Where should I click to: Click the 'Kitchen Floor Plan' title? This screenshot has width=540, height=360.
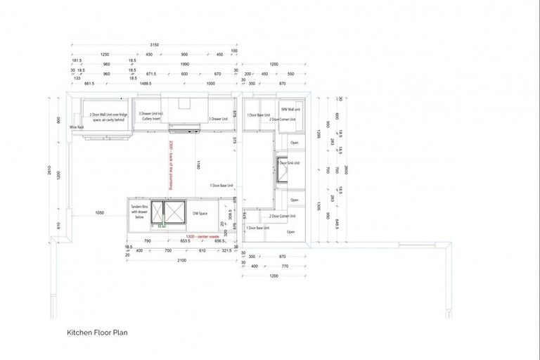[x=97, y=333]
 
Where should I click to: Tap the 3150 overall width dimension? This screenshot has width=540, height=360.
[x=153, y=44]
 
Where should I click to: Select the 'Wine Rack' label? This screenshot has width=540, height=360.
[x=77, y=127]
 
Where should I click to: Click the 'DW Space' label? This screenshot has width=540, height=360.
[x=200, y=213]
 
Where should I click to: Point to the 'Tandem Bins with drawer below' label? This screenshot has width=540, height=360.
[x=139, y=212]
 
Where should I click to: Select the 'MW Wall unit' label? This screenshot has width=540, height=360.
[x=291, y=110]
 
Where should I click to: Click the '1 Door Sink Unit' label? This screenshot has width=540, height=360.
[x=289, y=162]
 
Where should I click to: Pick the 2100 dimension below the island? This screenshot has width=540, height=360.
[x=181, y=259]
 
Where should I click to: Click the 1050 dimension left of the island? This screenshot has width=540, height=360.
[x=100, y=212]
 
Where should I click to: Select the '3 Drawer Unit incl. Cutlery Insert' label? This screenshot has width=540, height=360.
[x=150, y=116]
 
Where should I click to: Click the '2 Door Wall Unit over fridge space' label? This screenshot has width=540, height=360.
[x=108, y=117]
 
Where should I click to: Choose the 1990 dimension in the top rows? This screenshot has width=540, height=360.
[x=184, y=64]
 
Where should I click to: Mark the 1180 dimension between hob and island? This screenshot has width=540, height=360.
[x=199, y=165]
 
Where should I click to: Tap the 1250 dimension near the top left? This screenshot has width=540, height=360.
[x=105, y=54]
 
